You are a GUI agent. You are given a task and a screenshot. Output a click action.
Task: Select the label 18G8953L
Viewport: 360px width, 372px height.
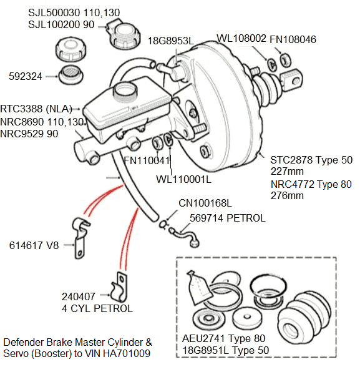click(171, 41)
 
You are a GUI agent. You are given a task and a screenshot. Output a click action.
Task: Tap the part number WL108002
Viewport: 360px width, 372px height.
click(241, 39)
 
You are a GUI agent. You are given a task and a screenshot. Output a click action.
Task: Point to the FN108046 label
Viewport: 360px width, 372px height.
click(294, 39)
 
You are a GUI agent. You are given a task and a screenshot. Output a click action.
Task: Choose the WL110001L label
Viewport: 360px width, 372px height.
click(184, 179)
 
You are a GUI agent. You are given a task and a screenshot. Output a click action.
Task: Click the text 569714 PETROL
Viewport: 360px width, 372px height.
click(228, 218)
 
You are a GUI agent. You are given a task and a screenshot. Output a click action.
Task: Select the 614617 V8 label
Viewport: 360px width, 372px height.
click(34, 245)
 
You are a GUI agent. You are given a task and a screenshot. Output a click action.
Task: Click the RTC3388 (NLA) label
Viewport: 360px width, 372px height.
click(36, 107)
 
